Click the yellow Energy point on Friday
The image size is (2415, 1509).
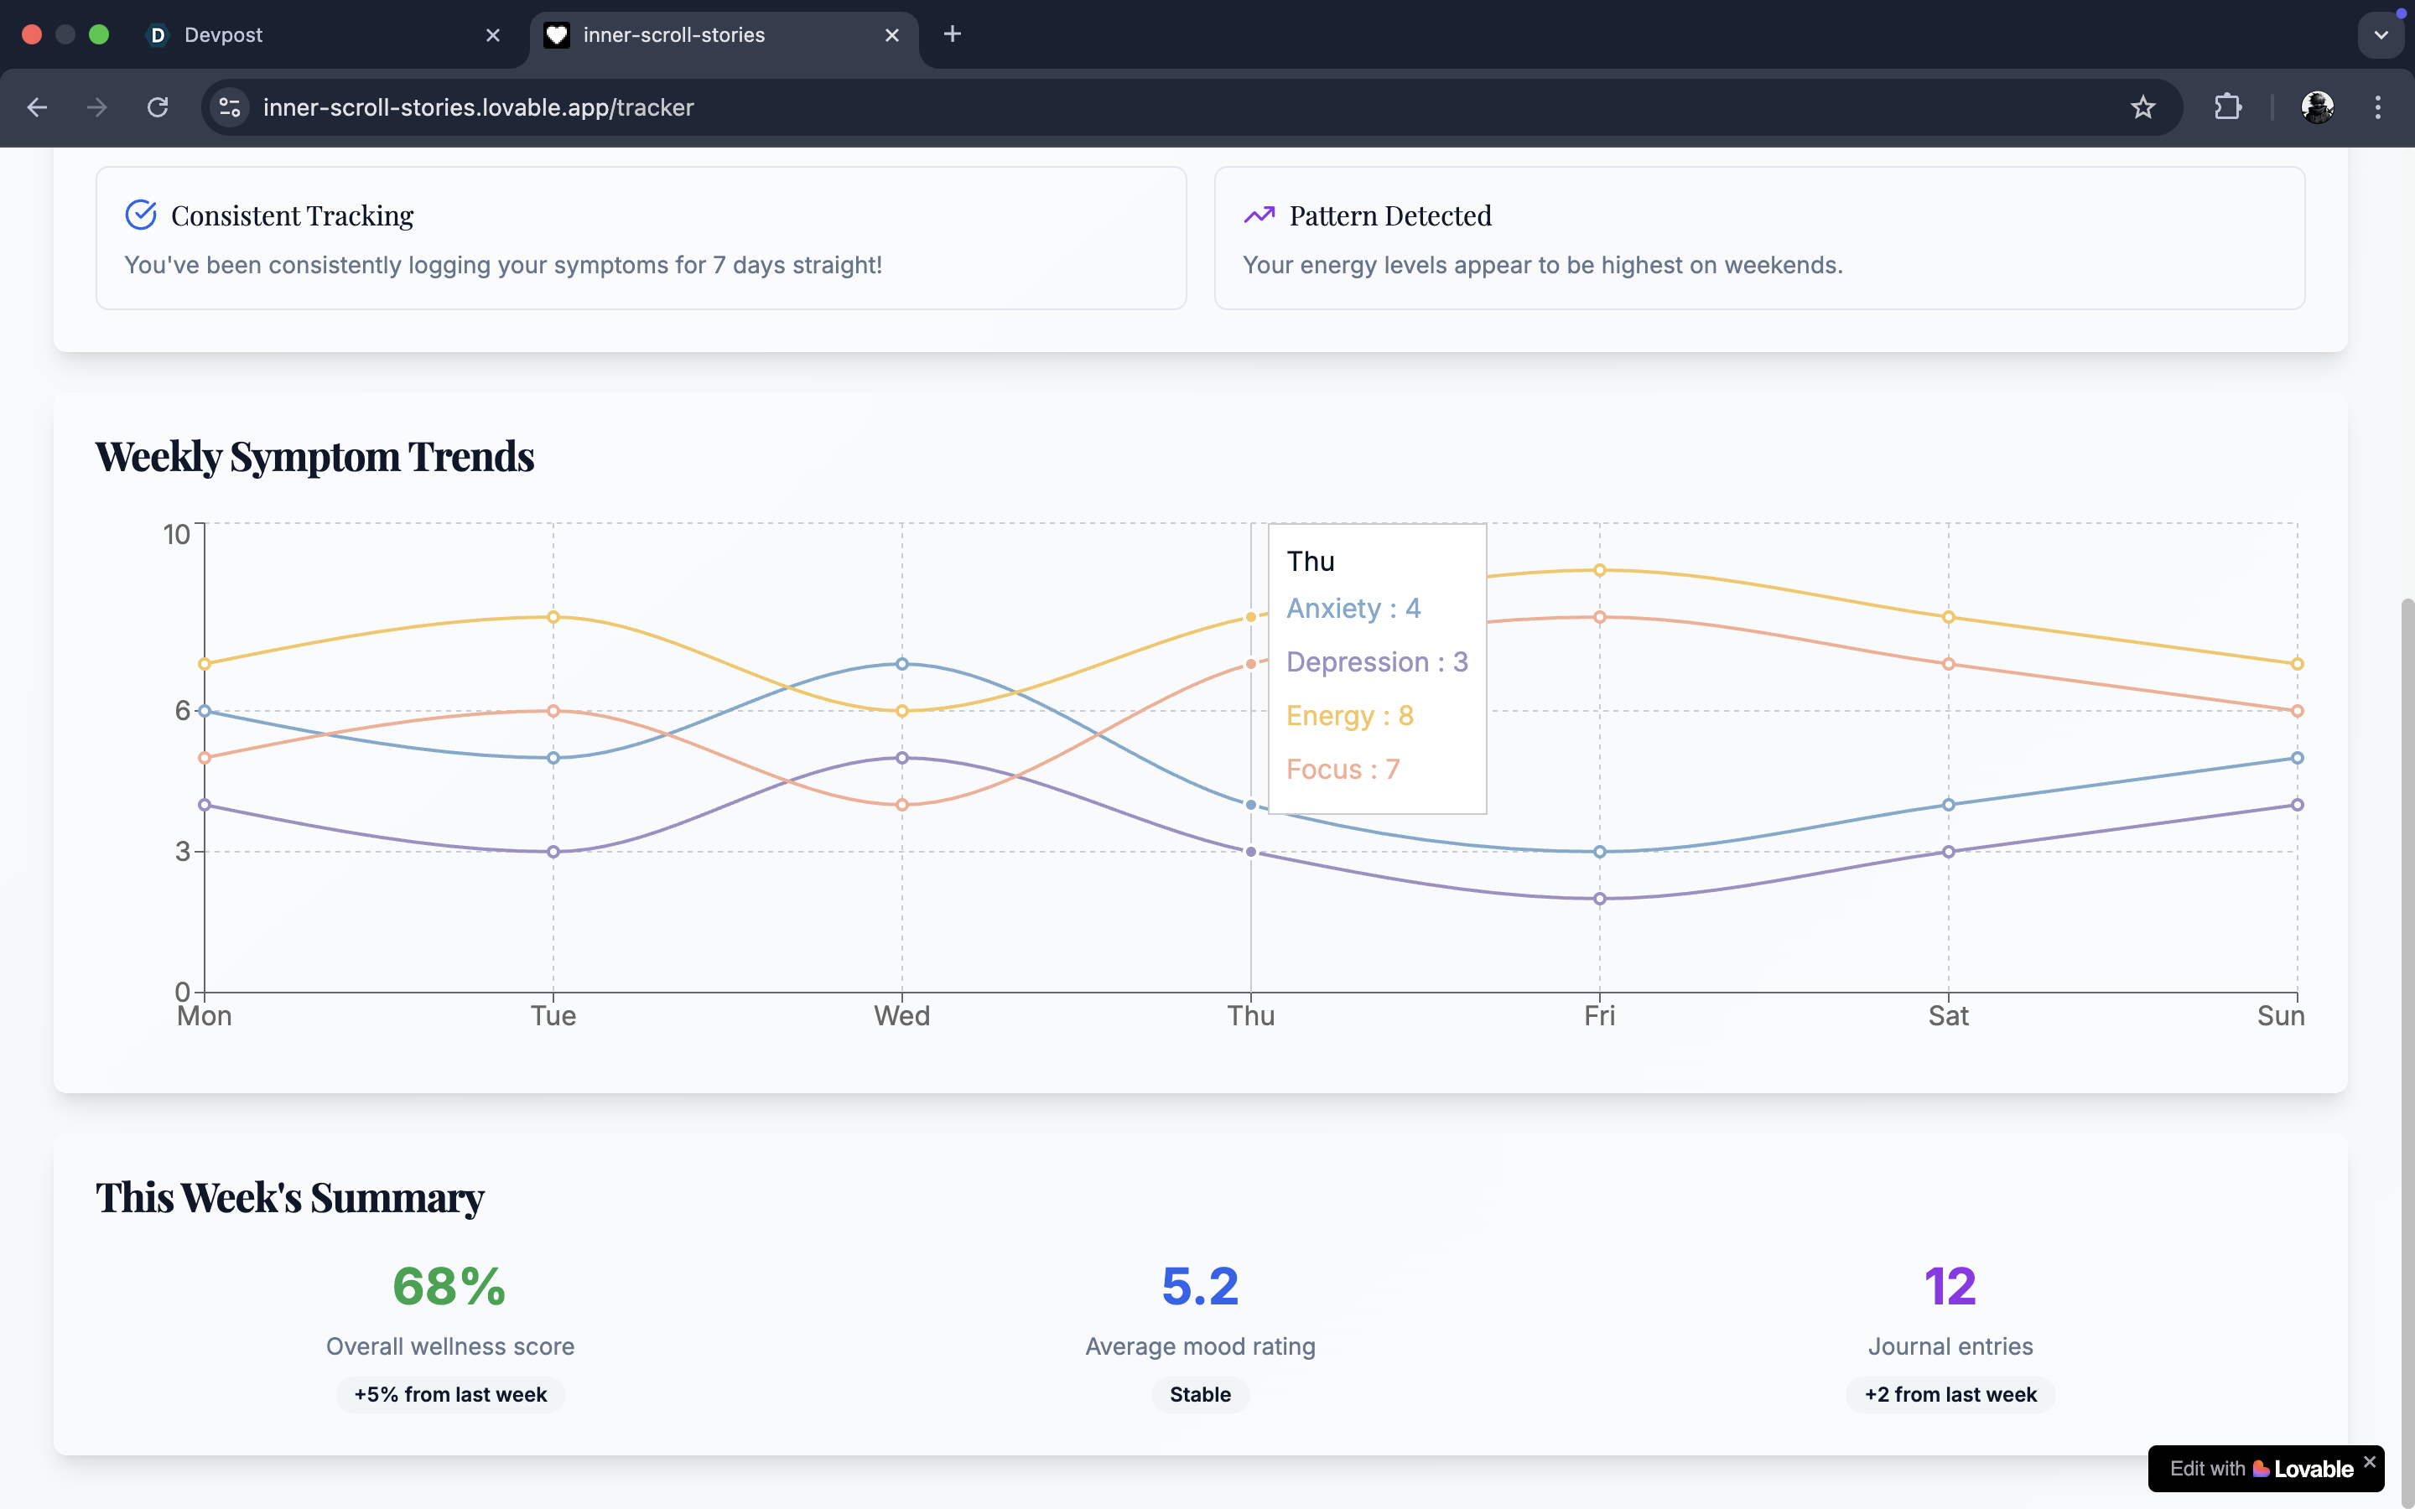pyautogui.click(x=1599, y=570)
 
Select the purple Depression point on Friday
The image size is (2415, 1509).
pyautogui.click(x=1599, y=898)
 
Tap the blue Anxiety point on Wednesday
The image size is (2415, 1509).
pyautogui.click(x=901, y=664)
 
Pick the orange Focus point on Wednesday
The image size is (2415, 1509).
pyautogui.click(x=901, y=805)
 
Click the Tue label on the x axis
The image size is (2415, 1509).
pyautogui.click(x=553, y=1016)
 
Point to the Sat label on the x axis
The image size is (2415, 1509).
pyautogui.click(x=1947, y=1016)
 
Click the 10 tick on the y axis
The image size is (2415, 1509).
pyautogui.click(x=177, y=535)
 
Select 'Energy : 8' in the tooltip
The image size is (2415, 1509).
pyautogui.click(x=1349, y=716)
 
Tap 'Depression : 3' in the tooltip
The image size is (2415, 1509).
pyautogui.click(x=1376, y=661)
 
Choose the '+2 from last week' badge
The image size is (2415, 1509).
pyautogui.click(x=1950, y=1394)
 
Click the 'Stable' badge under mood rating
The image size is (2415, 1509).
pyautogui.click(x=1199, y=1394)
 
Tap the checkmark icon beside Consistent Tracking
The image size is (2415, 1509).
pyautogui.click(x=141, y=215)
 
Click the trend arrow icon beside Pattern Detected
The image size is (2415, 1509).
pyautogui.click(x=1259, y=215)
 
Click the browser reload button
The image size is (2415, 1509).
pyautogui.click(x=158, y=106)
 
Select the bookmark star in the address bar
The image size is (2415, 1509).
pyautogui.click(x=2142, y=106)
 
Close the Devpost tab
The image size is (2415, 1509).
pyautogui.click(x=493, y=35)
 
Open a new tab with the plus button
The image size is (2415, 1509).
pyautogui.click(x=952, y=34)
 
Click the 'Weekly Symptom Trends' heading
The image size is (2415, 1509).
pyautogui.click(x=314, y=456)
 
